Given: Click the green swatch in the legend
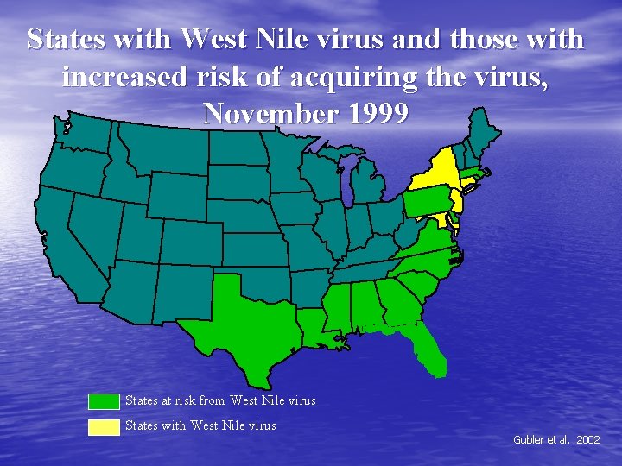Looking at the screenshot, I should (x=105, y=401).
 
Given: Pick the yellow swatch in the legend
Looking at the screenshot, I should (x=105, y=425).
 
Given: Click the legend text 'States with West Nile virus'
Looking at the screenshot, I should (x=200, y=425).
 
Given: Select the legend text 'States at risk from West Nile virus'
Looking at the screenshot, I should (x=220, y=400).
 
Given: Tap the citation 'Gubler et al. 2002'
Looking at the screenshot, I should (x=556, y=439).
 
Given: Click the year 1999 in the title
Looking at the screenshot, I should (x=373, y=113).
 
